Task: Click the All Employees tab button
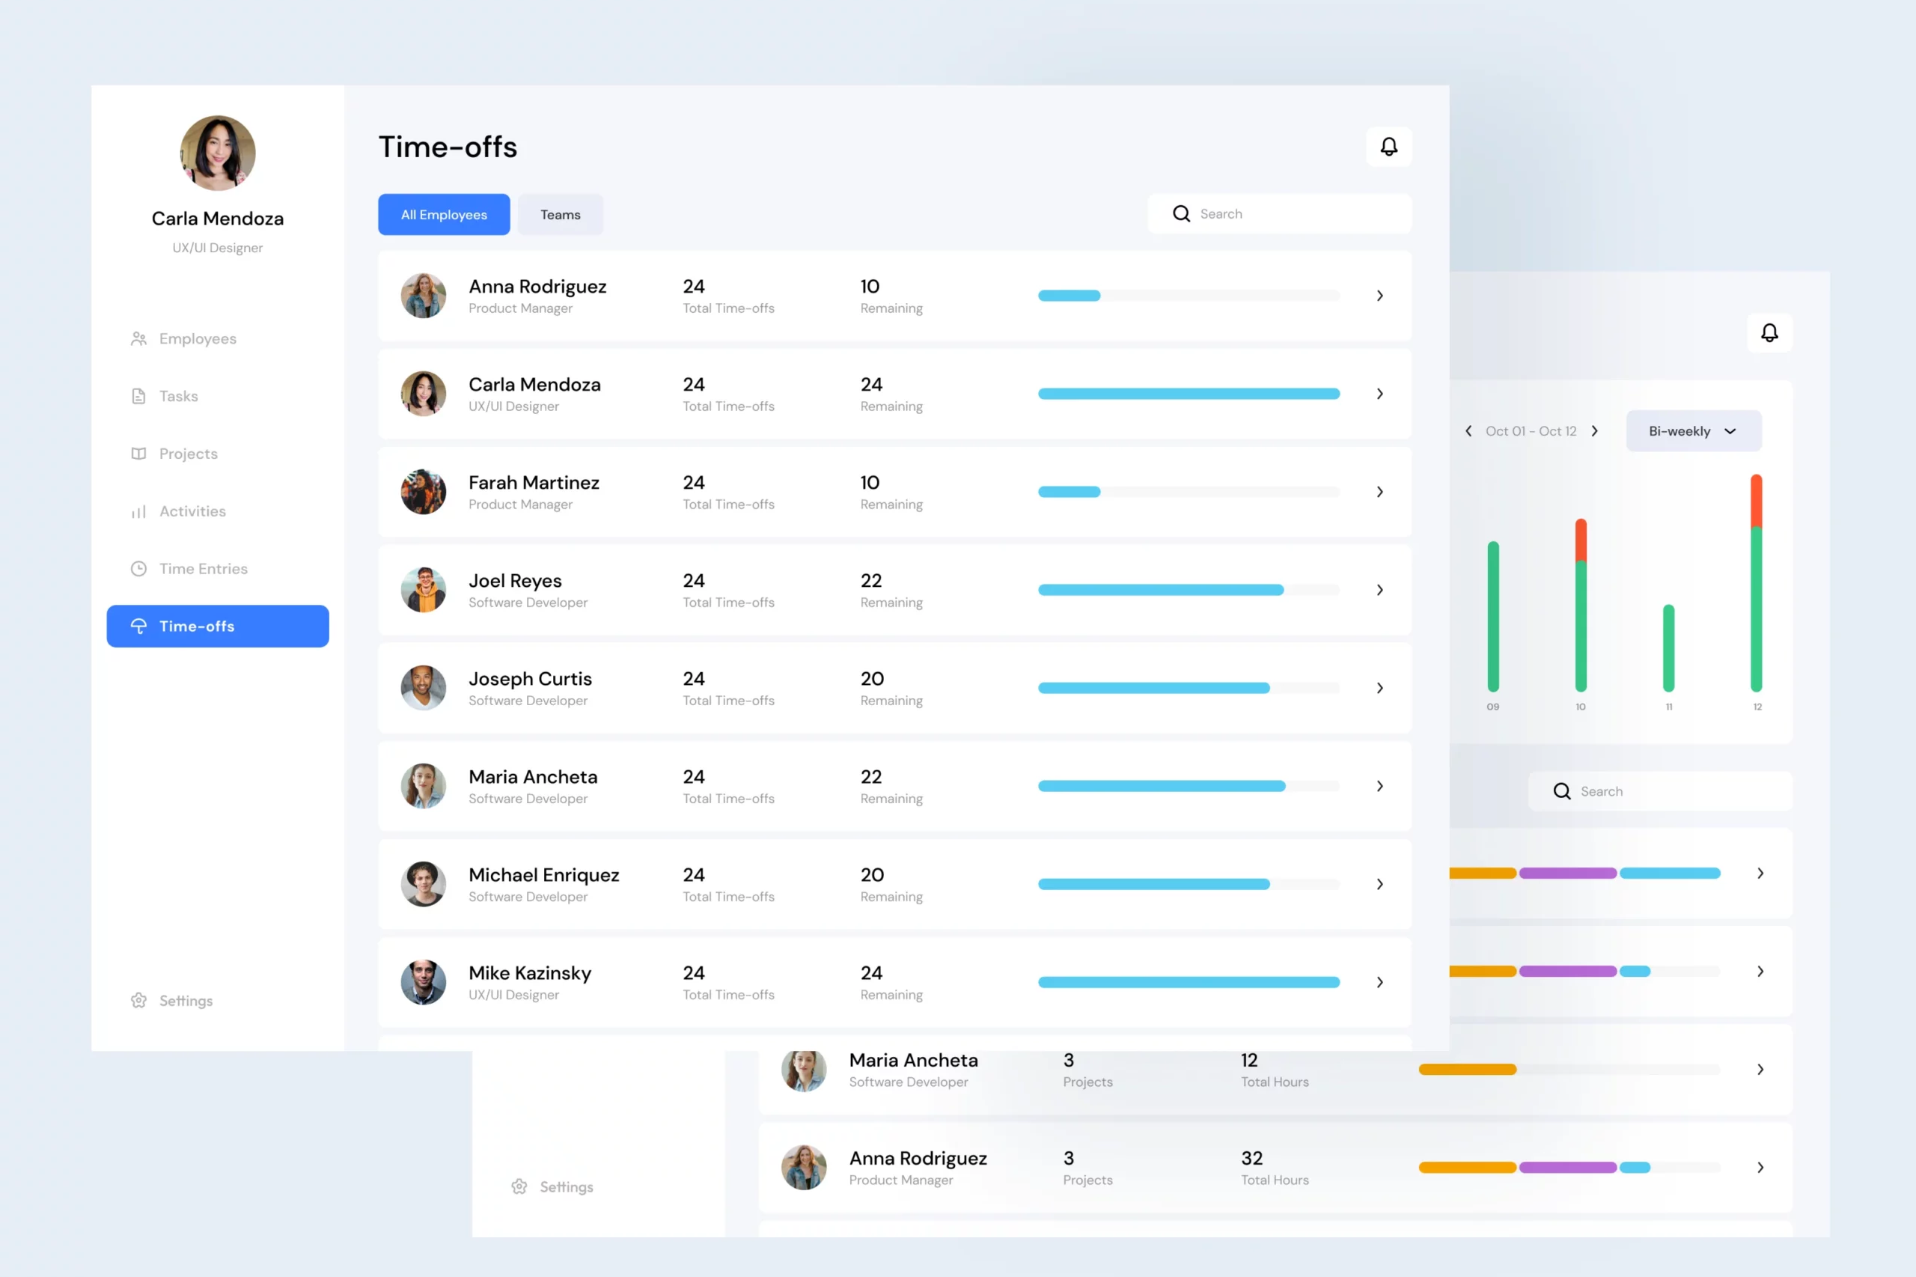point(444,214)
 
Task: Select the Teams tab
point(561,214)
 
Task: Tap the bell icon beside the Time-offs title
point(1388,147)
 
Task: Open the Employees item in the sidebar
point(197,339)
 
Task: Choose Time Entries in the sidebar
point(203,568)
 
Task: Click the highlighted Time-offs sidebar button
point(217,627)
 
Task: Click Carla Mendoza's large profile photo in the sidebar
point(217,153)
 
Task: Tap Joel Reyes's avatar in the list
point(424,590)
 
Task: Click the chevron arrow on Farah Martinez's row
point(1379,492)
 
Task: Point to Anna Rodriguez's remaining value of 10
point(870,287)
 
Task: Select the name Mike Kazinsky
point(529,972)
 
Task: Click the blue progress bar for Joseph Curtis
point(1153,688)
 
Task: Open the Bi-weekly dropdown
point(1693,431)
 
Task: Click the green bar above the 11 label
point(1668,648)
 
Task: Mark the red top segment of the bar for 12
point(1757,500)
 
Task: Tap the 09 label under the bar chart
point(1492,707)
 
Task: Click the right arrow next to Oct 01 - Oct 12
point(1594,431)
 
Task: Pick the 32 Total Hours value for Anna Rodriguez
point(1251,1158)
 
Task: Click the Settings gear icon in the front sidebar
point(138,1000)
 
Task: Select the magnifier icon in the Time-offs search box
point(1181,213)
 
